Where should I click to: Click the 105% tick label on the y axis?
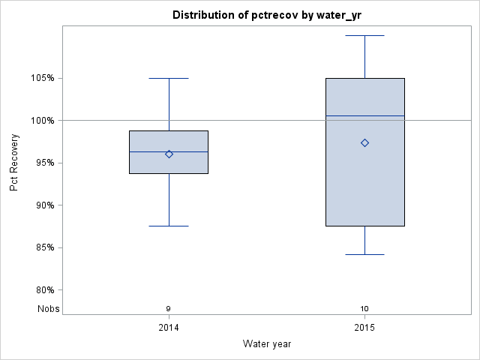coord(46,78)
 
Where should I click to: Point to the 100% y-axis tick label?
coord(46,120)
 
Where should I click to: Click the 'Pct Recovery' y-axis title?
coord(15,163)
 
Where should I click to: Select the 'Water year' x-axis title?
coord(266,343)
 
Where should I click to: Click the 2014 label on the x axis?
coord(169,328)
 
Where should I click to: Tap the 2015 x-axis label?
coord(364,328)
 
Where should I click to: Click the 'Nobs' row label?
coord(49,308)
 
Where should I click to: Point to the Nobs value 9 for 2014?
coord(169,308)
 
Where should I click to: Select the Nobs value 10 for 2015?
coord(364,308)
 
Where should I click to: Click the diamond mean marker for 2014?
coord(169,154)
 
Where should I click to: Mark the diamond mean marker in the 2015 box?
coord(364,142)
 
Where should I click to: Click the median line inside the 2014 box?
coord(187,151)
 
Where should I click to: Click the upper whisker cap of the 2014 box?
coord(169,78)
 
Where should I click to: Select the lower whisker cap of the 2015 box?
coord(364,254)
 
